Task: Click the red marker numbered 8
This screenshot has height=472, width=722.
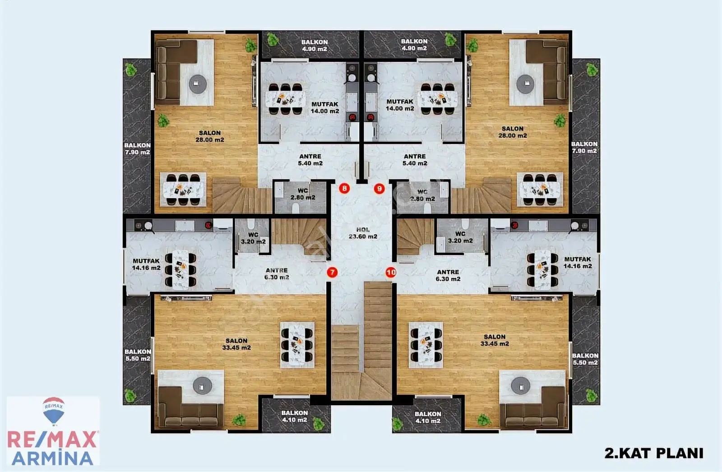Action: pos(345,188)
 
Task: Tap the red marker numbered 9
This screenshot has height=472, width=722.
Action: pos(380,189)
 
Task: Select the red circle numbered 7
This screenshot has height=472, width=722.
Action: pos(332,273)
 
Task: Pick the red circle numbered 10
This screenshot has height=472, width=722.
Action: pos(391,273)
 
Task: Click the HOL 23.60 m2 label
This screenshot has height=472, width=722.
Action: pos(363,233)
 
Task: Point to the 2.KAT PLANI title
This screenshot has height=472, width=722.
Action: pos(654,453)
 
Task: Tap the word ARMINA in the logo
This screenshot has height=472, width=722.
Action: pos(52,458)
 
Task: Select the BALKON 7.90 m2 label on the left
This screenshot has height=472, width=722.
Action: pos(137,148)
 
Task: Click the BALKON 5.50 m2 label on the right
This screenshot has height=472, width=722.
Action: pos(585,359)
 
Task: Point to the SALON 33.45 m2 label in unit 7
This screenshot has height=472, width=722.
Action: pos(236,344)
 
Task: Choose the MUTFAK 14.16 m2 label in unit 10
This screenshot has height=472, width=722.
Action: pos(578,263)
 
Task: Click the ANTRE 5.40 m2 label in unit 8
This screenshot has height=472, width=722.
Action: pos(310,160)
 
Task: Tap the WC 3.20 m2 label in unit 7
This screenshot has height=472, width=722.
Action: pos(253,238)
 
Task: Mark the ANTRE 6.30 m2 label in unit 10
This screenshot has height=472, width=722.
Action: pos(448,275)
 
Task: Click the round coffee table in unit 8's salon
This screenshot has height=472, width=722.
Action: pos(197,84)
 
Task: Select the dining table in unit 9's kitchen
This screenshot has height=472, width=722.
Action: pos(437,99)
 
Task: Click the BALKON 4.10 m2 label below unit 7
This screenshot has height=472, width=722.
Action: pos(295,416)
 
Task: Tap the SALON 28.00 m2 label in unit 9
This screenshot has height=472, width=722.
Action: pos(513,132)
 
